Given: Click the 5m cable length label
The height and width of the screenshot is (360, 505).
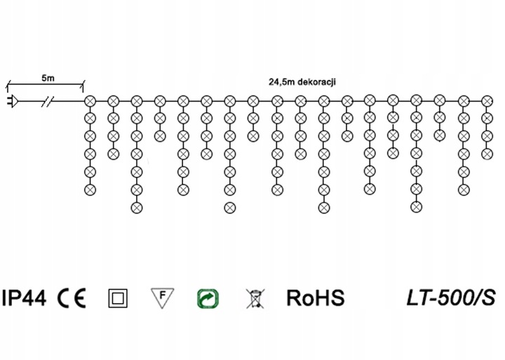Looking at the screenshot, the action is click(48, 78).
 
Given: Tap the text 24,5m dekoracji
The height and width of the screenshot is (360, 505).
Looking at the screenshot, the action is click(302, 82).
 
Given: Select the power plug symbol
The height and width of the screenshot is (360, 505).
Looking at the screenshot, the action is click(12, 101).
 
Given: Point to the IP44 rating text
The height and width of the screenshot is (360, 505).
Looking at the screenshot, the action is click(24, 298).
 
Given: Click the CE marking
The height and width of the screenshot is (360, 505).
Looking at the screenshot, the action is click(72, 298).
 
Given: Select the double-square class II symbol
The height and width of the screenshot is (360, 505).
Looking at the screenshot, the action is click(118, 298).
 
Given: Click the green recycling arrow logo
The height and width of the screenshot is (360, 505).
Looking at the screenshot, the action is click(208, 298).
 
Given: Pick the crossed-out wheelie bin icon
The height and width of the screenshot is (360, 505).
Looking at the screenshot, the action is click(255, 298).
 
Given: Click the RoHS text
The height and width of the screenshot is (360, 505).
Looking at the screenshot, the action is click(316, 298).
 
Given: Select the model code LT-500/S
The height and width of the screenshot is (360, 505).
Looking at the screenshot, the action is click(451, 298).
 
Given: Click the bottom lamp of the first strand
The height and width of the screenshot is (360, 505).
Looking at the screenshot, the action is click(90, 190).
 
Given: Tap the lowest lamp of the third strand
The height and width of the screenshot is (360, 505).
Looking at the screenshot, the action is click(137, 208).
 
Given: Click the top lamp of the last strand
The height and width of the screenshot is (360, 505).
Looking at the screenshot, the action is click(487, 101).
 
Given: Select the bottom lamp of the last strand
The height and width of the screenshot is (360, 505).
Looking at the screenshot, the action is click(487, 154).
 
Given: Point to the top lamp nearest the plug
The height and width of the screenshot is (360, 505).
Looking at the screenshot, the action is click(90, 101).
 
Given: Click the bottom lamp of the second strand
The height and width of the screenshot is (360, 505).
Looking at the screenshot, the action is click(113, 154).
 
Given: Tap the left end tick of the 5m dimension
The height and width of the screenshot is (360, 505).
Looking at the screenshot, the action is click(8, 84).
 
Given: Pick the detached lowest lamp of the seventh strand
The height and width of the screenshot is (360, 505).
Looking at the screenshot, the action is click(229, 208).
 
